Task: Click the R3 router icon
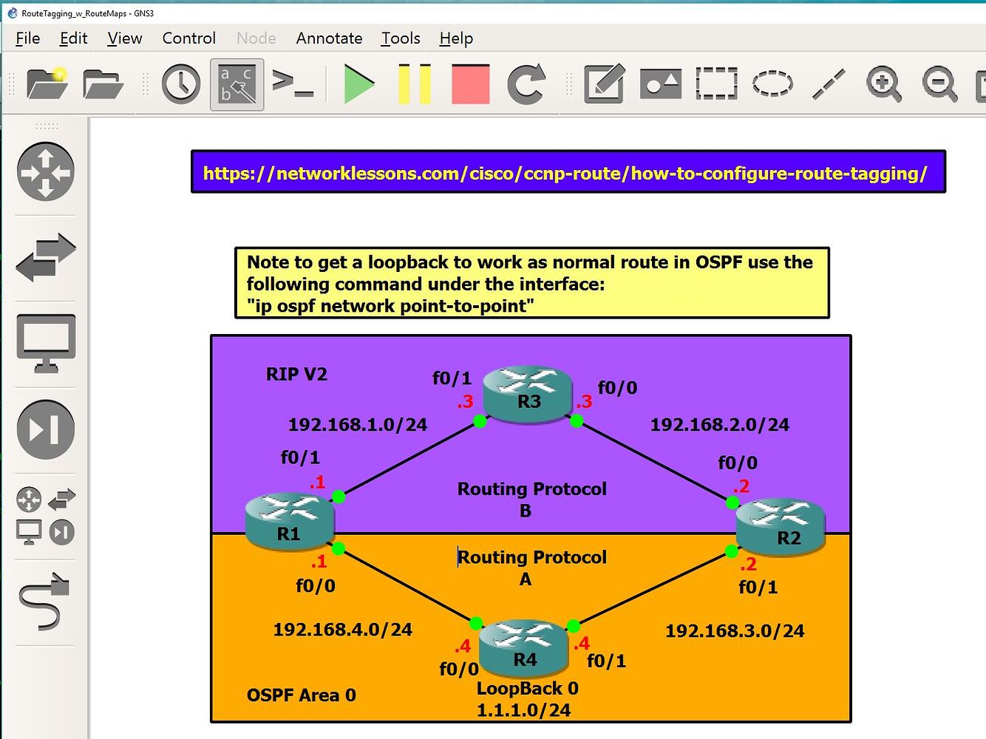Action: pos(528,394)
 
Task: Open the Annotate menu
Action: pos(329,38)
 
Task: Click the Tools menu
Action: pos(401,38)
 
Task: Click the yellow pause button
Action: pos(414,84)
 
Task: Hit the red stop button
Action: pos(471,84)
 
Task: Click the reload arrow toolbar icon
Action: pos(526,84)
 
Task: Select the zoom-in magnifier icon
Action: pos(884,84)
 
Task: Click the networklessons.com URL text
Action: pos(565,173)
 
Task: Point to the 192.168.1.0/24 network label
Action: pos(358,425)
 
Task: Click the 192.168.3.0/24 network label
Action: pos(735,631)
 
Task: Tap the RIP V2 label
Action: pos(296,375)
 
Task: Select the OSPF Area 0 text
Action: pos(302,695)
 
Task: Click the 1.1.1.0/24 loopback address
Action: pos(523,711)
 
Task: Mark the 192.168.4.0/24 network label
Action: pos(343,630)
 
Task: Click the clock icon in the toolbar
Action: pos(181,84)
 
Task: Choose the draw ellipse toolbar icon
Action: pos(772,84)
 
